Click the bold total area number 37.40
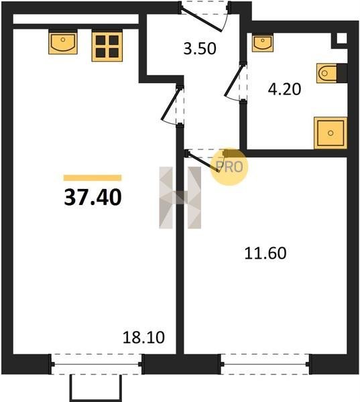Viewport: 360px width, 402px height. click(93, 197)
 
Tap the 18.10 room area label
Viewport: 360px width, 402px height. click(143, 338)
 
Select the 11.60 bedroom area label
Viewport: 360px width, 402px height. click(265, 253)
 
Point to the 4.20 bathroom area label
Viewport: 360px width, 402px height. click(284, 90)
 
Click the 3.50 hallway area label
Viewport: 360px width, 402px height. click(200, 48)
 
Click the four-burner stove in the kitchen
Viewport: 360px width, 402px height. click(107, 46)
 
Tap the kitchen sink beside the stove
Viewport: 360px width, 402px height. click(63, 42)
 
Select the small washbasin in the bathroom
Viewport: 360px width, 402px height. click(262, 43)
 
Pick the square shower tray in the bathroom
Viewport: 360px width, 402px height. click(331, 133)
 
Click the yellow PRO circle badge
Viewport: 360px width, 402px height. click(229, 167)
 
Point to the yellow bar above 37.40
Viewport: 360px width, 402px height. click(93, 178)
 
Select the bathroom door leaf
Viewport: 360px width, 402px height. click(233, 80)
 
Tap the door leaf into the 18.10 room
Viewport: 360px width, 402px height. click(170, 104)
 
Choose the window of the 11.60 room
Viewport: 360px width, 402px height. click(265, 364)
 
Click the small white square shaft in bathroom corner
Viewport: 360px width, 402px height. click(341, 38)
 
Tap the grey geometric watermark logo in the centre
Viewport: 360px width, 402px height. click(180, 198)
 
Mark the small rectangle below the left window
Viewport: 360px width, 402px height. click(95, 388)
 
